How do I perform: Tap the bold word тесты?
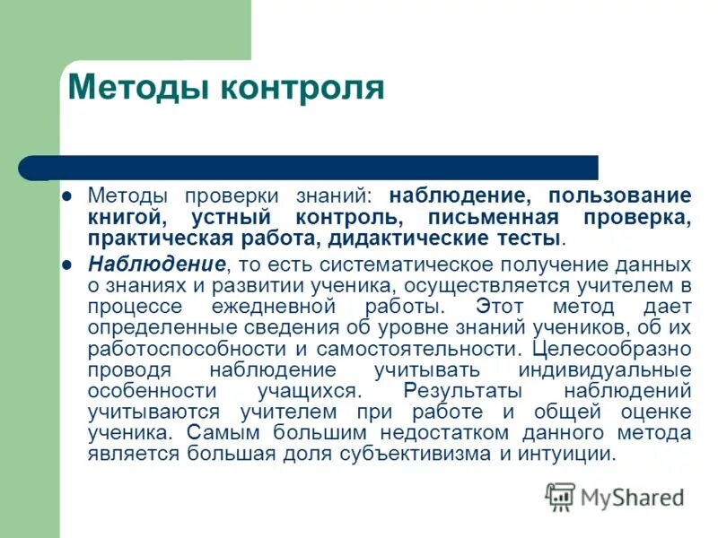pyautogui.click(x=532, y=239)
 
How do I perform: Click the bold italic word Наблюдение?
pyautogui.click(x=156, y=265)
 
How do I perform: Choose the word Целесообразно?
pyautogui.click(x=611, y=348)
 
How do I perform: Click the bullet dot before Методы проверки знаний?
pyautogui.click(x=66, y=195)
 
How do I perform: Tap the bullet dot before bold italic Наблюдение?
pyautogui.click(x=66, y=265)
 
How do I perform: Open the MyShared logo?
pyautogui.click(x=615, y=496)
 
